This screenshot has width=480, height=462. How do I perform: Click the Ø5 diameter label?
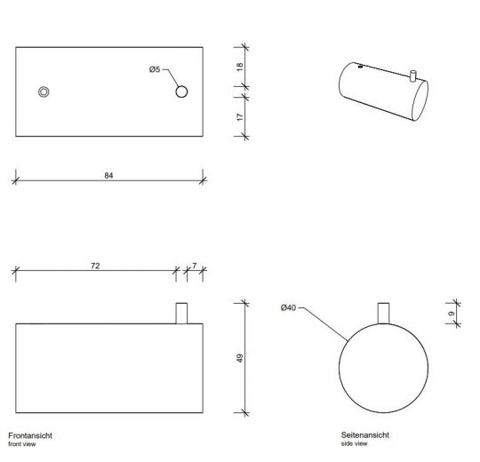pos(154,70)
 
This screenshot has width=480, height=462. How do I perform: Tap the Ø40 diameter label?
pos(287,308)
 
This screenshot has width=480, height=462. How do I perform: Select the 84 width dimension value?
pos(108,175)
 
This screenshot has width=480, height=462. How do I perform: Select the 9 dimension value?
pos(452,314)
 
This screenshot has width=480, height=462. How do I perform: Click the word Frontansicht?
pos(28,435)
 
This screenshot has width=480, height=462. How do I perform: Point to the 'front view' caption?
pos(22,443)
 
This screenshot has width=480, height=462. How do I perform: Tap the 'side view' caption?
pos(354,443)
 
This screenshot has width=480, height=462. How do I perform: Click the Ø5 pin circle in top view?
pos(182,92)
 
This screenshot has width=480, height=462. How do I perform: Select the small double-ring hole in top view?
pos(44,92)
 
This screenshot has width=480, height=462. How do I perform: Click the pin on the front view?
pos(182,313)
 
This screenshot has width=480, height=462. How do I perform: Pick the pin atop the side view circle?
pos(385,313)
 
